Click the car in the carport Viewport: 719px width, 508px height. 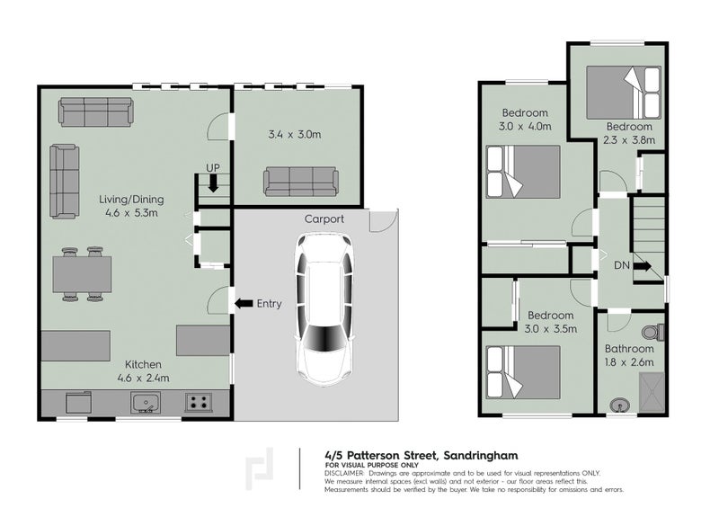point(322,309)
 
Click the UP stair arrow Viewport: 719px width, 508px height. point(213,183)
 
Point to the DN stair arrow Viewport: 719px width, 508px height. point(642,266)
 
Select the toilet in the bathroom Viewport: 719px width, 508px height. point(657,331)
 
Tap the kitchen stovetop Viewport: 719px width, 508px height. point(200,403)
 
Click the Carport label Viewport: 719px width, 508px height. point(324,218)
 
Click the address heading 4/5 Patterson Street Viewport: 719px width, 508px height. point(420,456)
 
